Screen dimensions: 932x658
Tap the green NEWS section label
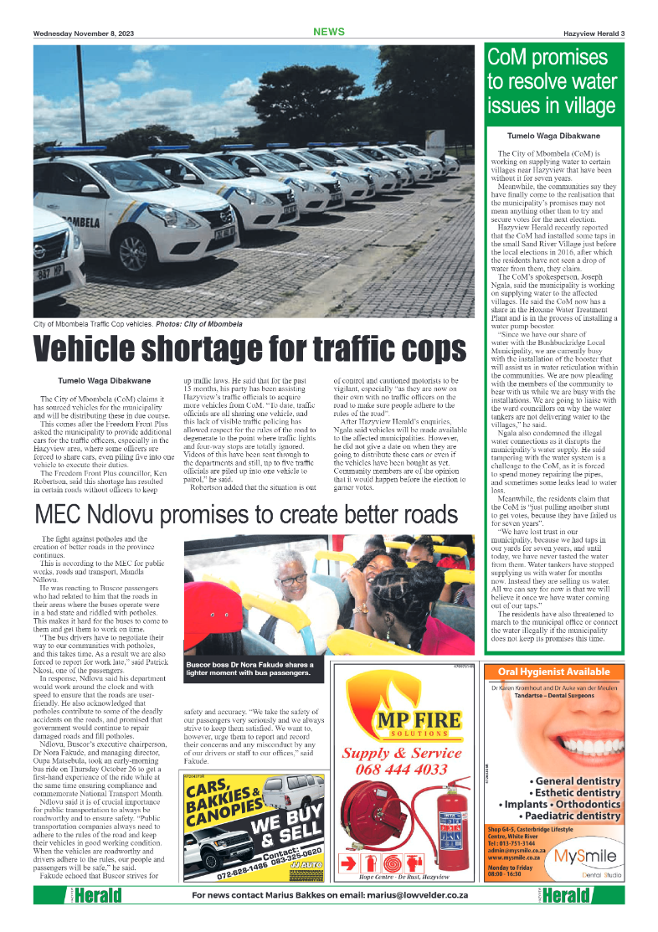pyautogui.click(x=329, y=32)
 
